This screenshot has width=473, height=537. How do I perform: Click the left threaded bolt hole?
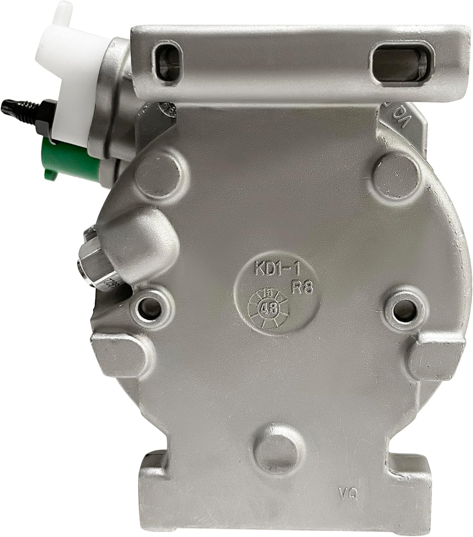point(148,306)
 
